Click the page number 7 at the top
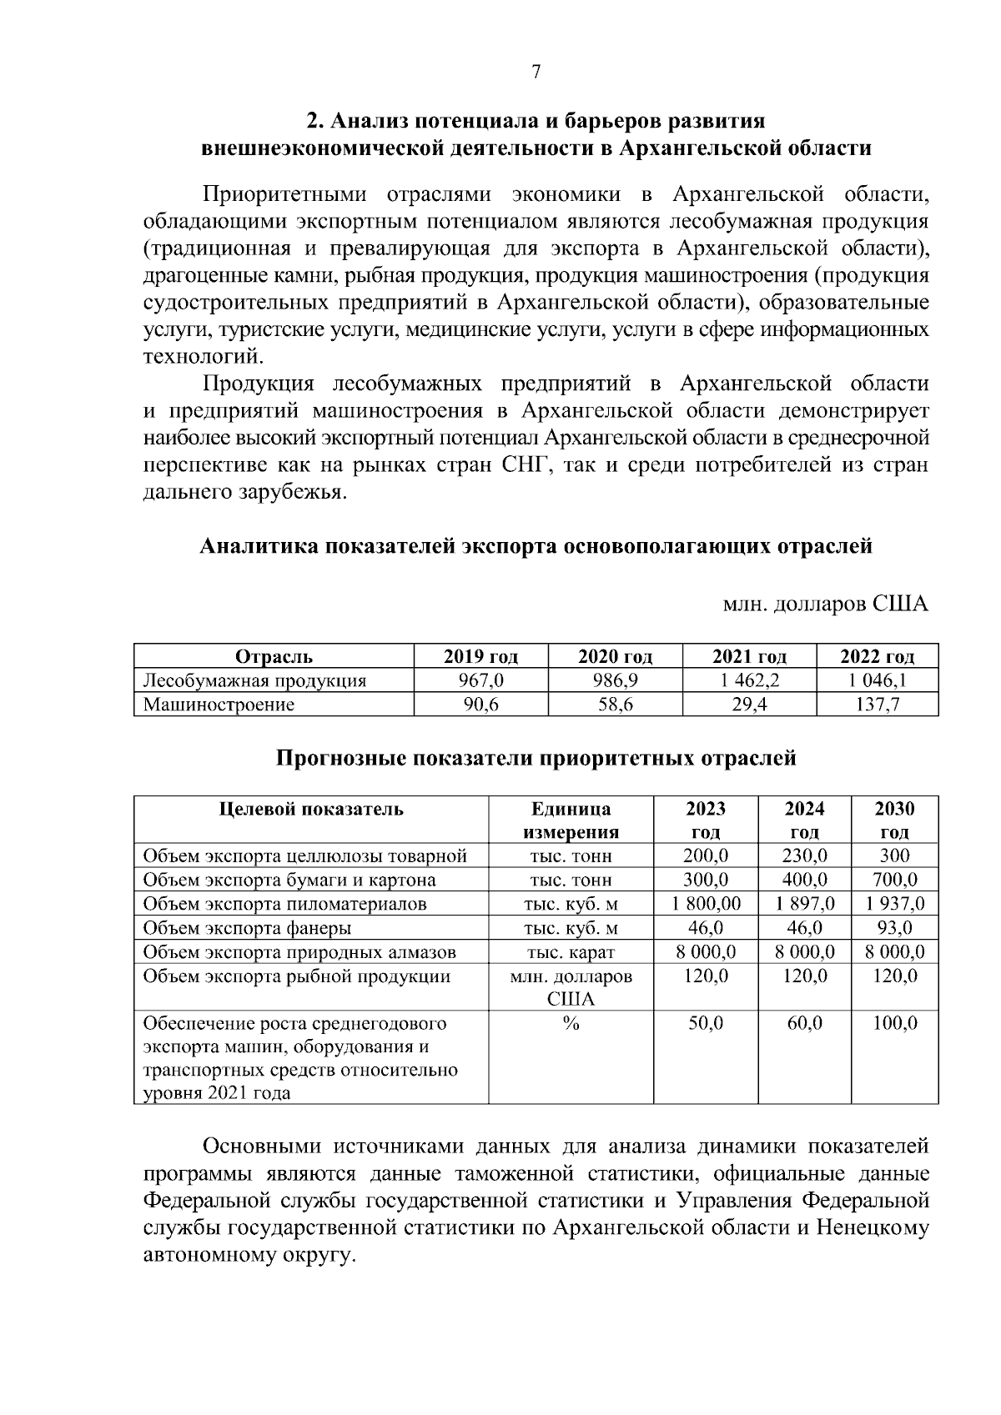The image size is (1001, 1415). pyautogui.click(x=536, y=73)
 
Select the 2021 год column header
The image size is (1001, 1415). pyautogui.click(x=748, y=656)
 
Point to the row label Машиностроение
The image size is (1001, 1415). pyautogui.click(x=219, y=705)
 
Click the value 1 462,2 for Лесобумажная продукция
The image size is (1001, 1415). pyautogui.click(x=748, y=680)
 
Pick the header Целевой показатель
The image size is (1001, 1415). pyautogui.click(x=311, y=809)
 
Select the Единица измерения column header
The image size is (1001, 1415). pyautogui.click(x=571, y=820)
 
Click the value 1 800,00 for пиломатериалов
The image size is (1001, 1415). pyautogui.click(x=706, y=904)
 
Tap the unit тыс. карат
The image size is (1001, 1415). pyautogui.click(x=571, y=952)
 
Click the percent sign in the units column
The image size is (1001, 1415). pyautogui.click(x=571, y=1023)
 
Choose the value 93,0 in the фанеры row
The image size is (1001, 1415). pyautogui.click(x=894, y=928)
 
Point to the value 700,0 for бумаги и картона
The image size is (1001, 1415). pyautogui.click(x=894, y=880)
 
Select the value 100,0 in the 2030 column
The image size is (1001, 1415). pyautogui.click(x=894, y=1023)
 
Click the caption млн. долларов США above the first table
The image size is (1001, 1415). pyautogui.click(x=825, y=604)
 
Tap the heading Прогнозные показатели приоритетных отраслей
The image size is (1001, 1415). pyautogui.click(x=536, y=759)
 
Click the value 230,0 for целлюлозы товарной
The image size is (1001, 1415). pyautogui.click(x=804, y=856)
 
